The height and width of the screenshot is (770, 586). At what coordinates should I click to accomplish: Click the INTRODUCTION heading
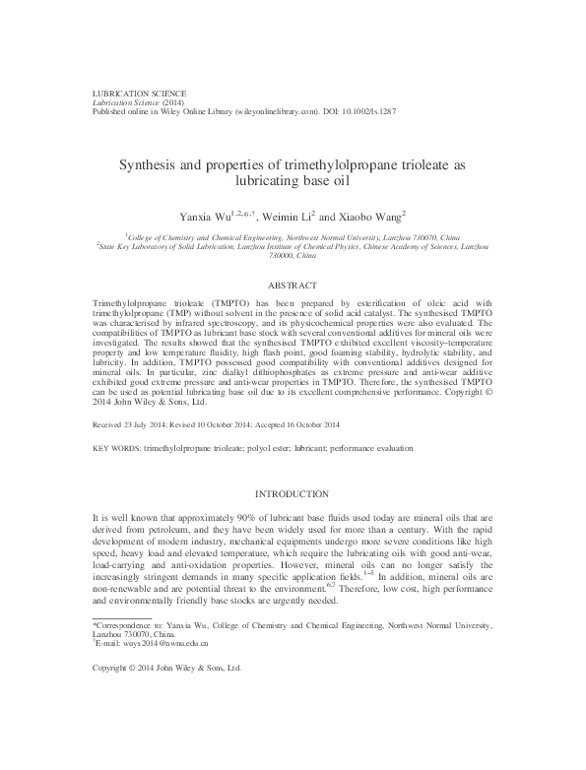pos(293,491)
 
